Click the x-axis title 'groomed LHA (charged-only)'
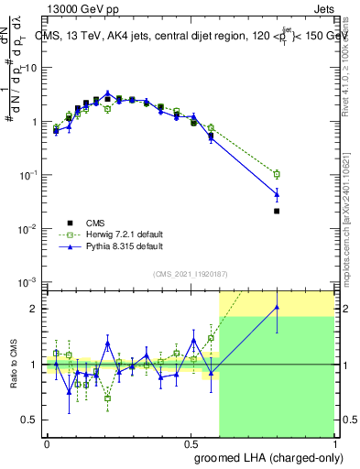coord(264,458)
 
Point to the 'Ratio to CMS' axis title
coord(13,364)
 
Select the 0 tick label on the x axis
coord(47,443)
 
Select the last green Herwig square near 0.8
coord(277,174)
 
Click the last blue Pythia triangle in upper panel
coord(277,193)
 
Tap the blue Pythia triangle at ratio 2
coord(277,308)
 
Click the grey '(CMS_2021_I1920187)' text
coord(191,272)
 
